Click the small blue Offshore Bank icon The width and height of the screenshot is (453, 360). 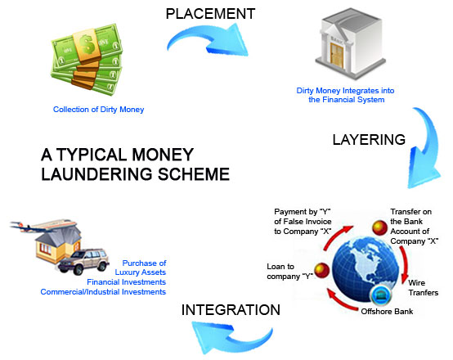tap(378, 296)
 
